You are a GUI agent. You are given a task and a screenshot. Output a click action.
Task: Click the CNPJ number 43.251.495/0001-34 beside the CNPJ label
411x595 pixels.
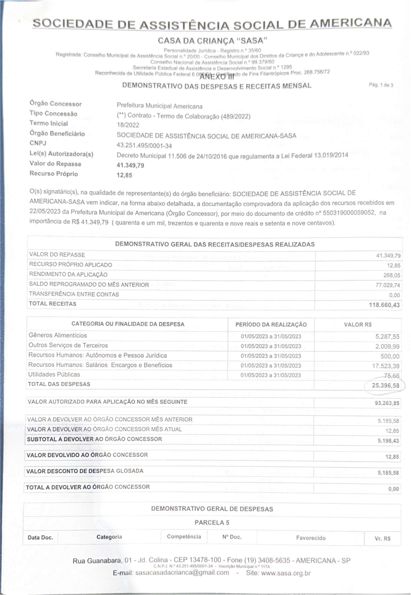[x=144, y=146]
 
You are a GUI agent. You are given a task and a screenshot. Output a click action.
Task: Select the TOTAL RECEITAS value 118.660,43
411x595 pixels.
[x=384, y=305]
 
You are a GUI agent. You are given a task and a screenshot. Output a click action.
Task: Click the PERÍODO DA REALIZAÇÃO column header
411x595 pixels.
[x=271, y=324]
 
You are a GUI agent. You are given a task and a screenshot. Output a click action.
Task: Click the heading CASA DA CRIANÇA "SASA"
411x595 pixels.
[x=213, y=41]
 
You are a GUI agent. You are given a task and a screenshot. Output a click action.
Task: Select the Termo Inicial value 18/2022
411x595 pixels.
[x=128, y=125]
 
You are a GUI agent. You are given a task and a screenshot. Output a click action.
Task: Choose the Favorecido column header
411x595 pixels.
[x=311, y=538]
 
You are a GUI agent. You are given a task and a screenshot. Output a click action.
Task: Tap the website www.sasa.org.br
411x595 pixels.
[x=286, y=573]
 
